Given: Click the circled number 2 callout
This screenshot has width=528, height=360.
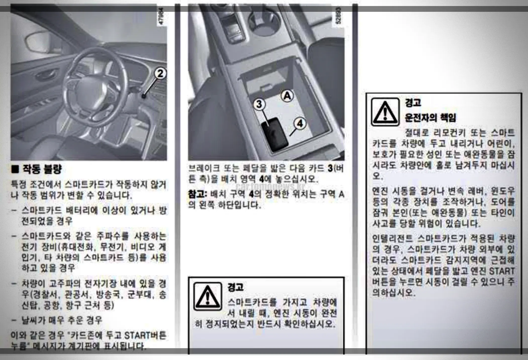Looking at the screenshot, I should [x=160, y=73].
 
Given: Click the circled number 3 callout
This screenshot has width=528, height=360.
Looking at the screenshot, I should [x=259, y=104].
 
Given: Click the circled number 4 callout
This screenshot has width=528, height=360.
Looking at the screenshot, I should [x=300, y=123].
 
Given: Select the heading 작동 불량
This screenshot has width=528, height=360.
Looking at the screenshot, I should [x=42, y=169].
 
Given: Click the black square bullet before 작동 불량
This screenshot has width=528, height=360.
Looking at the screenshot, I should [x=15, y=169].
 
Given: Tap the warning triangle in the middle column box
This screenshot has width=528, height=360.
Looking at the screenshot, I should [x=208, y=296].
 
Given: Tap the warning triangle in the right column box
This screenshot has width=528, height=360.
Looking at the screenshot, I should [x=385, y=112].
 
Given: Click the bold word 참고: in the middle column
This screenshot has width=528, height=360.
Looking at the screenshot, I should [x=198, y=194].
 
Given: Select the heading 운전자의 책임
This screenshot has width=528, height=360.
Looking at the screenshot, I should [x=430, y=117].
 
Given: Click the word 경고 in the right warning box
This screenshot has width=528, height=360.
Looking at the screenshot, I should [x=413, y=103].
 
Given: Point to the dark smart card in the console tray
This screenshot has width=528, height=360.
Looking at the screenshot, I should [x=274, y=134].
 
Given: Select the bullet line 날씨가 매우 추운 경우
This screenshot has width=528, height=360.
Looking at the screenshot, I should [x=62, y=320].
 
